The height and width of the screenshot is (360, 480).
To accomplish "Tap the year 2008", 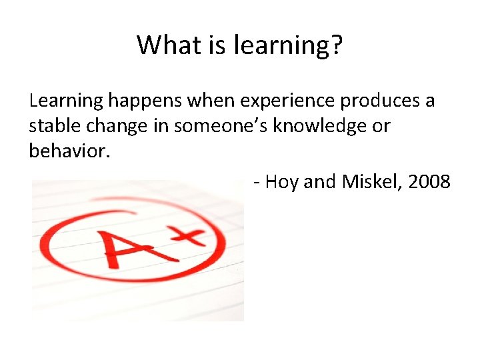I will click(428, 181).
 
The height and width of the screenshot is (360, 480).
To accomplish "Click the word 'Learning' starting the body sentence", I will click(66, 102).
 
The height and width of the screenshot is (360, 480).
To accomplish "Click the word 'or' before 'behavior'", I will click(381, 127).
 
